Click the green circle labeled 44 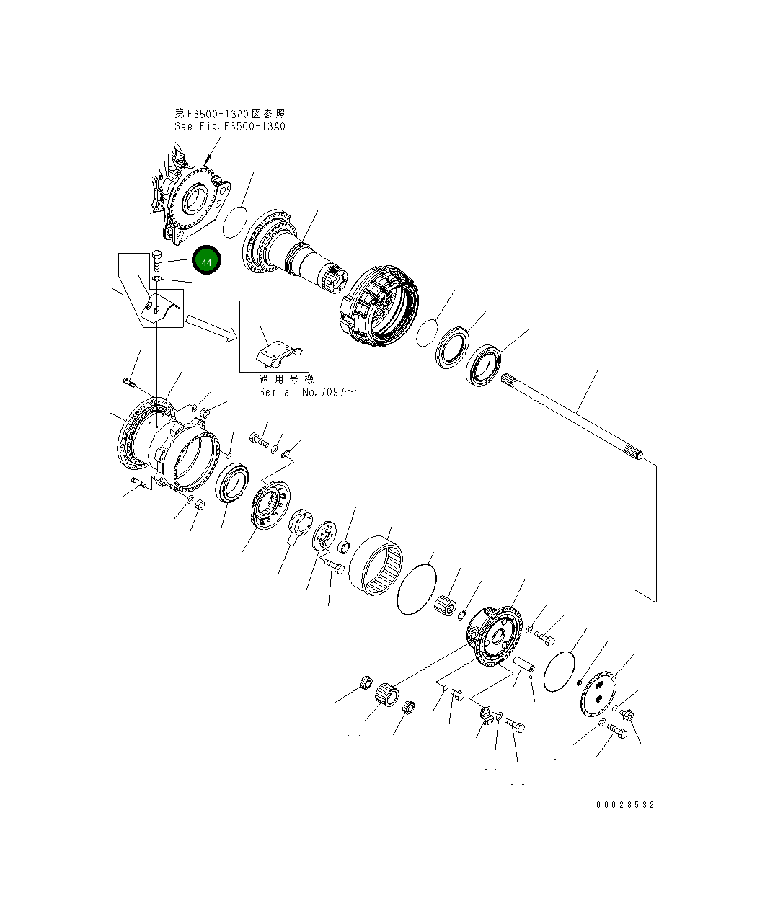pyautogui.click(x=206, y=262)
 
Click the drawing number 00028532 pyautogui.click(x=625, y=805)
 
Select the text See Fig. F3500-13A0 pyautogui.click(x=230, y=126)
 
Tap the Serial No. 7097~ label pyautogui.click(x=307, y=392)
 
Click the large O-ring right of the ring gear pyautogui.click(x=417, y=590)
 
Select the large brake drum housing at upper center pyautogui.click(x=380, y=307)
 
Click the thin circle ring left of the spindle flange pyautogui.click(x=234, y=222)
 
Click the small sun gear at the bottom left pyautogui.click(x=387, y=695)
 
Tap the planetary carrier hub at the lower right pyautogui.click(x=497, y=634)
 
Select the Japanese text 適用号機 pyautogui.click(x=284, y=379)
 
